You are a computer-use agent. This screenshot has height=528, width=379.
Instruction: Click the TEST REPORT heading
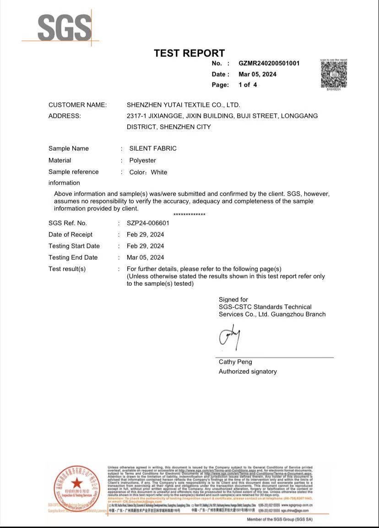pos(189,53)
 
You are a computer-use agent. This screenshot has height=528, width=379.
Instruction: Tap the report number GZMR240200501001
pos(269,63)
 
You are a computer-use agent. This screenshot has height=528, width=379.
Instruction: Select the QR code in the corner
pos(334,74)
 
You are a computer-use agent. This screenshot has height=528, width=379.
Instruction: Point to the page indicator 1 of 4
pos(248,85)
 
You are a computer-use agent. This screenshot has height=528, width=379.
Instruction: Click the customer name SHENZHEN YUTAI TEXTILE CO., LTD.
pos(183,105)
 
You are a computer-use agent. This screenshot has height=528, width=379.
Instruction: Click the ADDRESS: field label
pos(65,116)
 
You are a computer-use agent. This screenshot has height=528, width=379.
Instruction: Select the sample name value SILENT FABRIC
pos(152,148)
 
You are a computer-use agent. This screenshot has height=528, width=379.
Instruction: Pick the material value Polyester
pos(142,160)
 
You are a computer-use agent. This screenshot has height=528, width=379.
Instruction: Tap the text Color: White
pos(148,172)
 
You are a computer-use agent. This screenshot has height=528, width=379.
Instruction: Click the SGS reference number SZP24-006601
pos(148,223)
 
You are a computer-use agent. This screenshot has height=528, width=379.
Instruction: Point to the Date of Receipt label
pos(70,234)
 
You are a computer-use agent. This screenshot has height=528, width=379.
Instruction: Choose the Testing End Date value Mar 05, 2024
pos(145,257)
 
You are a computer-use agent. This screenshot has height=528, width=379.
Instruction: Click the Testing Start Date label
pos(74,246)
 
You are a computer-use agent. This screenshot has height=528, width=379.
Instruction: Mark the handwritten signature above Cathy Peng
pos(230,337)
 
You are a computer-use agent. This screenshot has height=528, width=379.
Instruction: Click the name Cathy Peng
pos(235,362)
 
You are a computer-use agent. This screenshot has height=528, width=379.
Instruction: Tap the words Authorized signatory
pos(248,371)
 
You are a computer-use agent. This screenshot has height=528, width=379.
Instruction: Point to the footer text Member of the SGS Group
pos(280,519)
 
